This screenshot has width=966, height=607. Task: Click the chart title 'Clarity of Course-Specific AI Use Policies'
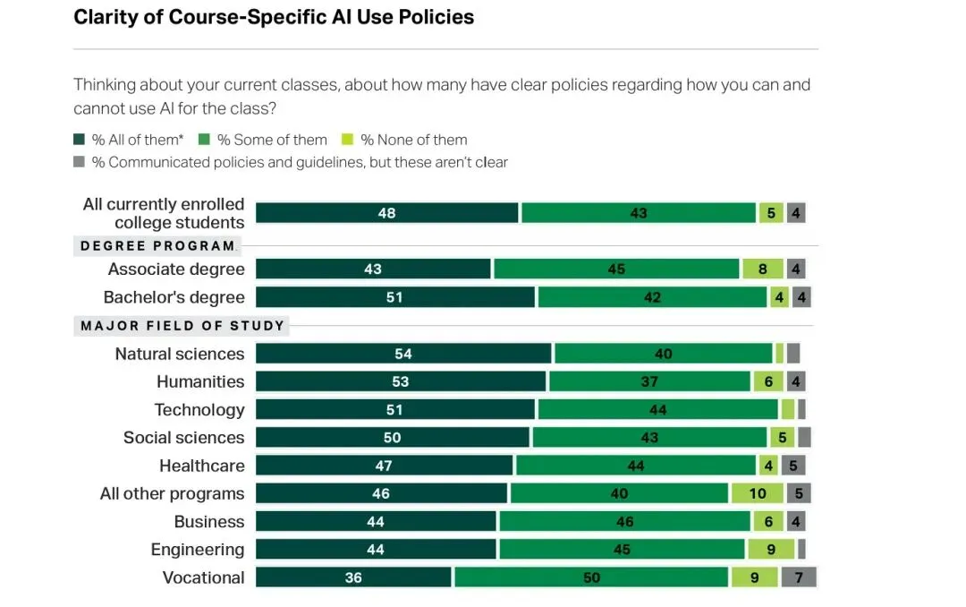coord(274,17)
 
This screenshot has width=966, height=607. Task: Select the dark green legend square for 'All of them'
coord(80,140)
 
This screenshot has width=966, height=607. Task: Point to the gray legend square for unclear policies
coord(80,163)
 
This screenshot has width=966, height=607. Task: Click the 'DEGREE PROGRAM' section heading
coord(157,246)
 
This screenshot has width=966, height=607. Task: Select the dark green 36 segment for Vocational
coord(353,577)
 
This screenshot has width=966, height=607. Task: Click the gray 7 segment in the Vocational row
coord(798,577)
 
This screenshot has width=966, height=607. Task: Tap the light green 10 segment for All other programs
coord(757,493)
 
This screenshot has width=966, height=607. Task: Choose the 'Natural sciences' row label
coord(180,354)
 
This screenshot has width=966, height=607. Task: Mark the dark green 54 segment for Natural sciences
coord(403,354)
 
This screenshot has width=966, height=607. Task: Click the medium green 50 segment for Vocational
coord(591,577)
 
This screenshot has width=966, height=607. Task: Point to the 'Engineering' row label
coord(198,550)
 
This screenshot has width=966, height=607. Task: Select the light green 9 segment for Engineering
coord(770,550)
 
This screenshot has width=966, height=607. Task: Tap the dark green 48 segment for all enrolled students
coord(386,213)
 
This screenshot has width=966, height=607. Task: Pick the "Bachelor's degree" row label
coord(174,297)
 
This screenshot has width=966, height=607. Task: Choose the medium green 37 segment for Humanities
coord(649,381)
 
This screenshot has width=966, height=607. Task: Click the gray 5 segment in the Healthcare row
coord(792,466)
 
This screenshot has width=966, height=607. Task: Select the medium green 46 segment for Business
coord(624,522)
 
